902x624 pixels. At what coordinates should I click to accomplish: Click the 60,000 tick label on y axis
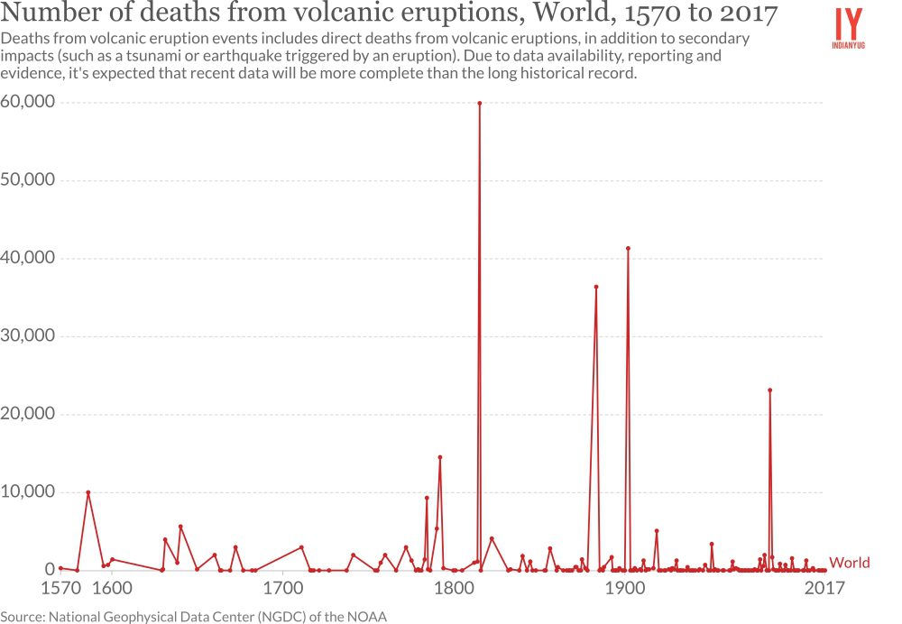28,102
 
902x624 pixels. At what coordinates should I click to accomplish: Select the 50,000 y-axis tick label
28,179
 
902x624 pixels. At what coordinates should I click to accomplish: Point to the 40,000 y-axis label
28,258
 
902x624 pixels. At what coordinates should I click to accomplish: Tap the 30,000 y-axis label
28,335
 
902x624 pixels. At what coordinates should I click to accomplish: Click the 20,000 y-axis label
28,414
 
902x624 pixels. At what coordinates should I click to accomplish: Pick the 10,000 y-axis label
28,491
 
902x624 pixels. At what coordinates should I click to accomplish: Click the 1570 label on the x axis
60,589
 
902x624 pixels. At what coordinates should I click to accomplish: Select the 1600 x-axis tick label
111,589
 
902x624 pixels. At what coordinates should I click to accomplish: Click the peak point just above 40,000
628,248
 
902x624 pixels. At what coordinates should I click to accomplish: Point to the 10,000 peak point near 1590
88,492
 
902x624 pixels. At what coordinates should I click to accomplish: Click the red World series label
850,563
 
